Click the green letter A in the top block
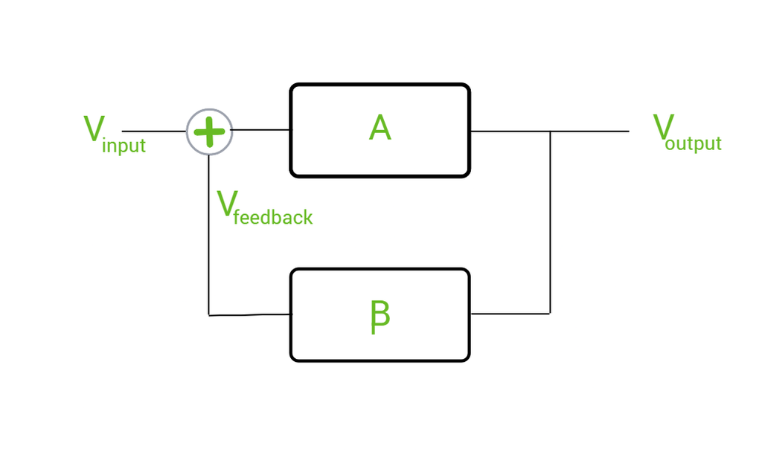click(x=380, y=129)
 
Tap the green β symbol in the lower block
click(x=380, y=317)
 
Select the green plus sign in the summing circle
click(x=209, y=132)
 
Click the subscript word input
click(x=124, y=146)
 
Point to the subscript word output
click(x=694, y=143)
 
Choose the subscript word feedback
click(x=273, y=217)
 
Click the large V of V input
click(x=93, y=129)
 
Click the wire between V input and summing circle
click(x=153, y=132)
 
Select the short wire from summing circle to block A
click(x=261, y=131)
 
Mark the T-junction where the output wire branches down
click(x=550, y=132)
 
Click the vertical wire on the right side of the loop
click(x=550, y=223)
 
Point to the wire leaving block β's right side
click(x=510, y=314)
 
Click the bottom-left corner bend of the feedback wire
click(x=209, y=314)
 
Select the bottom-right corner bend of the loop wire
click(x=550, y=314)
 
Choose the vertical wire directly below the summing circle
click(x=209, y=238)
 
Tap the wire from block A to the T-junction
click(x=510, y=132)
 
